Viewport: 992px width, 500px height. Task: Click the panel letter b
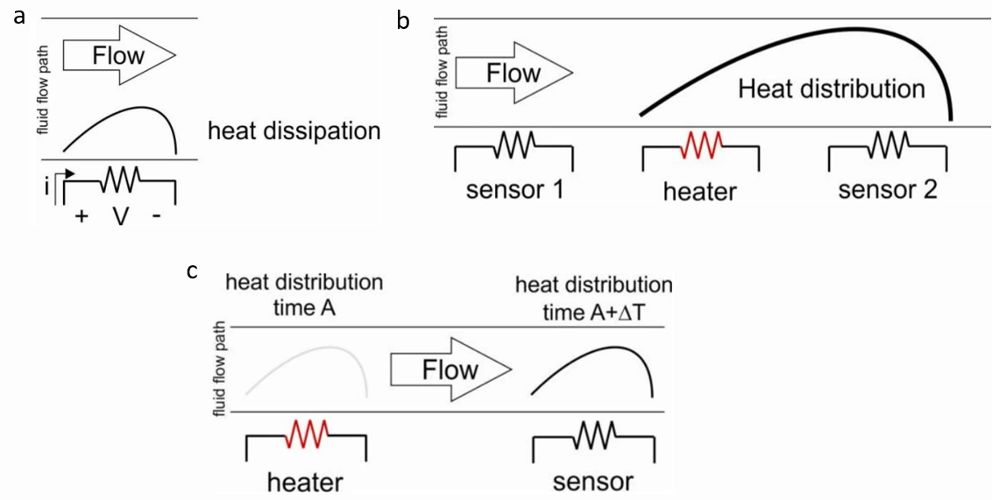404,19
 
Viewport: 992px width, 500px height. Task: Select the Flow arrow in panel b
513,73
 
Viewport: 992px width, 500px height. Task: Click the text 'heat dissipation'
294,132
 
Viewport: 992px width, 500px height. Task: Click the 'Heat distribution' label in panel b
831,88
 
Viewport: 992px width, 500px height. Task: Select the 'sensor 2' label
888,190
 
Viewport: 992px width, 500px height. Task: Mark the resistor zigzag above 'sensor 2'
888,145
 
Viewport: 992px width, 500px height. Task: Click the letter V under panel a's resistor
119,215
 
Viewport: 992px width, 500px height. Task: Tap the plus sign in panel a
81,216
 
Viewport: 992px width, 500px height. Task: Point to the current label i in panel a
46,187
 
